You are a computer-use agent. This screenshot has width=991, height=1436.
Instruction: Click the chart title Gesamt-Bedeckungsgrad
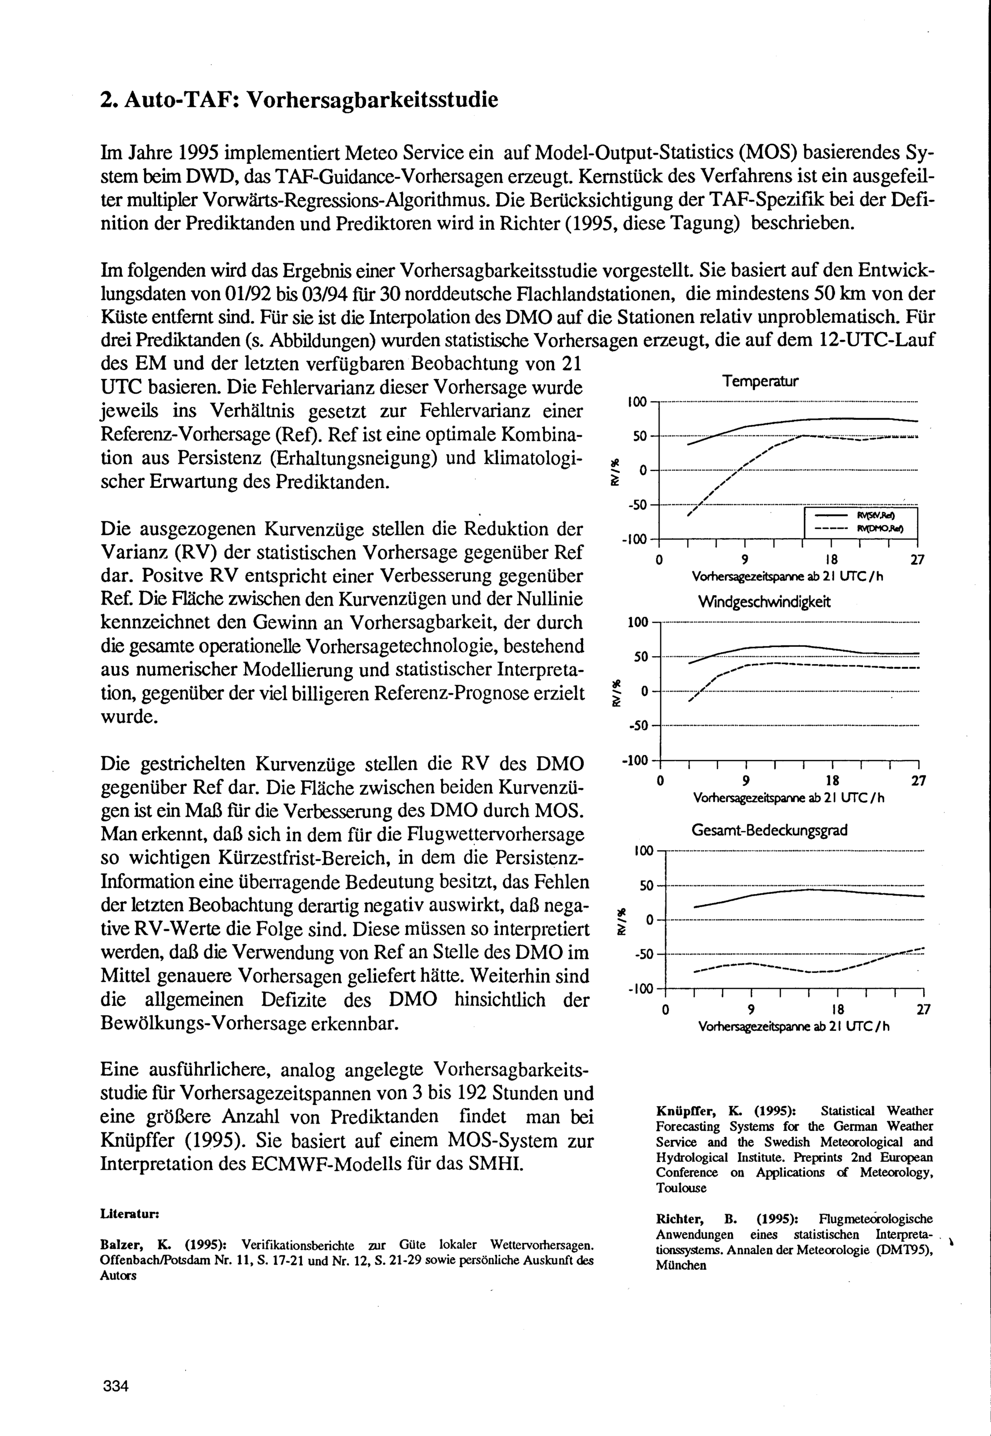click(x=769, y=830)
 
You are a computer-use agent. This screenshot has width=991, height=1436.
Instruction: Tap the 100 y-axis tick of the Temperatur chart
click(x=637, y=402)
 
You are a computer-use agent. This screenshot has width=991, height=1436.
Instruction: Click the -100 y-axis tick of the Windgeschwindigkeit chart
click(x=635, y=761)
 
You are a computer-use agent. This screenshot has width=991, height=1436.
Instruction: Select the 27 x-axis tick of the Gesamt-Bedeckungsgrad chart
click(x=923, y=1010)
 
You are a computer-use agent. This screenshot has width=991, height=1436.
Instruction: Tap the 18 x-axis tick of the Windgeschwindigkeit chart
click(x=832, y=781)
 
